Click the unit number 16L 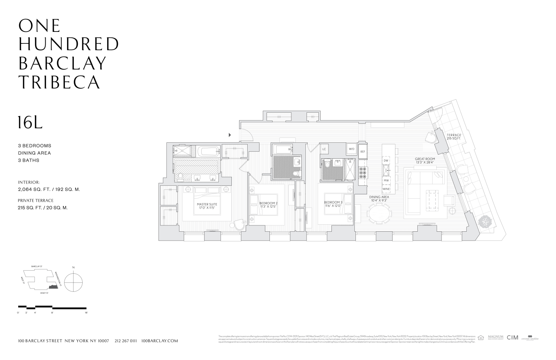[x=30, y=123]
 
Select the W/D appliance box [x=351, y=149]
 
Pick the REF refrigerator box [x=363, y=152]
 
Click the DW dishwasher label [x=386, y=161]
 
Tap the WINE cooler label [x=386, y=189]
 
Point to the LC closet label [x=324, y=149]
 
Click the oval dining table [x=379, y=214]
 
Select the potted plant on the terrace [x=485, y=222]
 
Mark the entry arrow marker [x=230, y=135]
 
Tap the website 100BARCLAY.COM [x=160, y=341]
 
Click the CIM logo [x=513, y=337]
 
